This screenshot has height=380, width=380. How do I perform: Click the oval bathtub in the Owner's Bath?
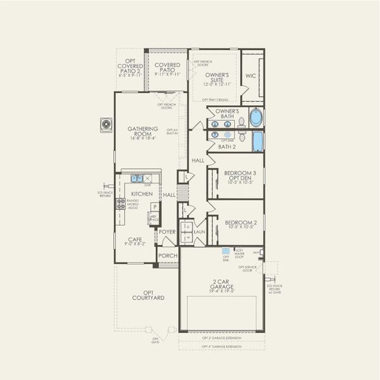255,118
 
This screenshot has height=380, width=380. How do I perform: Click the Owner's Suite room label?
216,79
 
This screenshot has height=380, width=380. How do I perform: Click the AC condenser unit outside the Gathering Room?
105,125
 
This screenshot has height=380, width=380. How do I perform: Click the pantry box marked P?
154,206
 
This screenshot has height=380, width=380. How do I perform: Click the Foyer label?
167,232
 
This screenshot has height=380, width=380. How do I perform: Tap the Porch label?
168,256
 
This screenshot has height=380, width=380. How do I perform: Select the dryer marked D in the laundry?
187,226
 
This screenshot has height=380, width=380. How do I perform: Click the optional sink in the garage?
226,251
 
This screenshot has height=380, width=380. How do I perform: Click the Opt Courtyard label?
148,295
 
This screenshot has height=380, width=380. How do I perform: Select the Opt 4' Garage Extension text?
222,346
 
